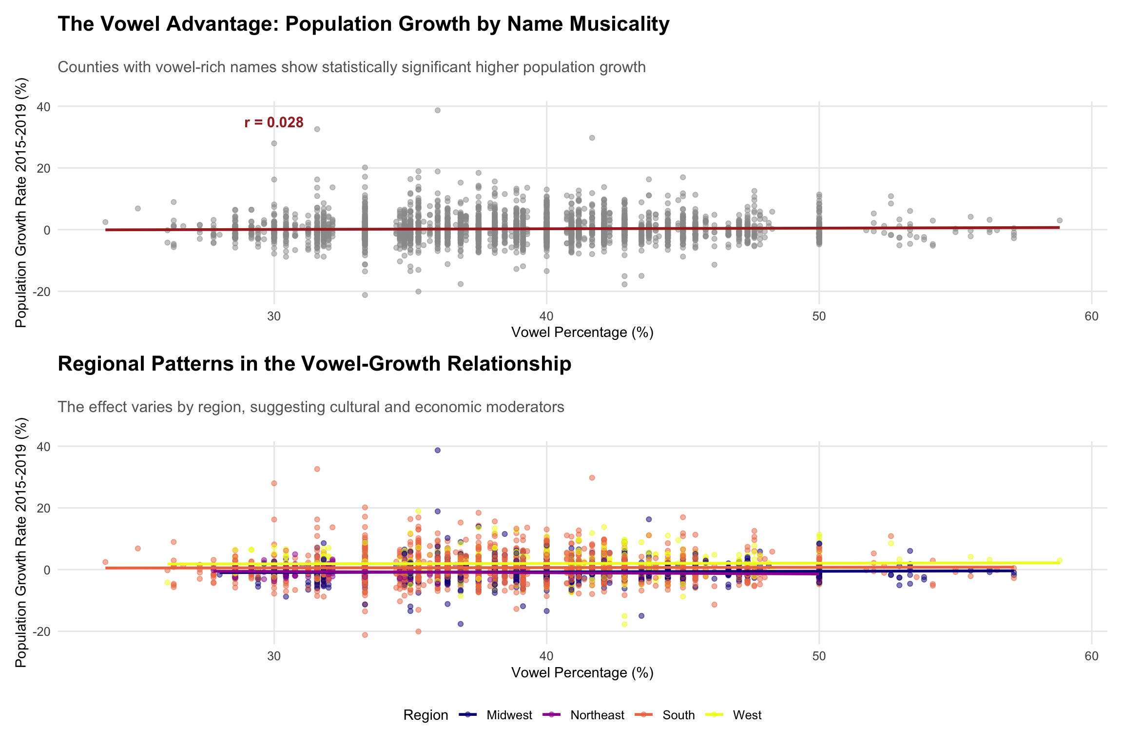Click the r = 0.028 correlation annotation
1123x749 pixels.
(274, 122)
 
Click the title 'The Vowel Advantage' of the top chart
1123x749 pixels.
(363, 24)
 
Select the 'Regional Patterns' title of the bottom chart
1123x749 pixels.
(314, 364)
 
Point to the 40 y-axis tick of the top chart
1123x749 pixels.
(44, 106)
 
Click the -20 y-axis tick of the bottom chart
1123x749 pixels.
(41, 631)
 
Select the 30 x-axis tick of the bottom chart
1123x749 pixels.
(274, 656)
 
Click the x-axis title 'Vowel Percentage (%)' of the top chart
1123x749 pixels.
(582, 333)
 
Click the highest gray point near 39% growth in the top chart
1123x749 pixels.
(438, 110)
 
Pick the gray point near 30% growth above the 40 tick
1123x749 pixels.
(592, 138)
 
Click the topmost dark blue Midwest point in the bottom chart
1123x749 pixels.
(438, 450)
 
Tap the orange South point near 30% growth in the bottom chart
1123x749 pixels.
(592, 478)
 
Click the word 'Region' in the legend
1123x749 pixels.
(426, 715)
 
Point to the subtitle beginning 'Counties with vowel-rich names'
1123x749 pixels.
(351, 67)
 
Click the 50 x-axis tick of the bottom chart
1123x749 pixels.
(819, 656)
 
